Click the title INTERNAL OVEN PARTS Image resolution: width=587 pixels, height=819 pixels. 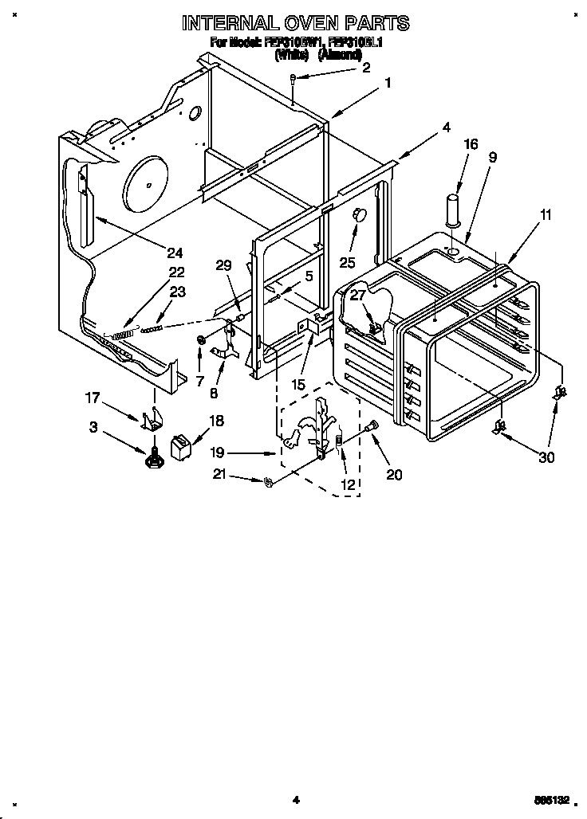pyautogui.click(x=296, y=22)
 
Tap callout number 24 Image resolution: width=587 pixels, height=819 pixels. pyautogui.click(x=175, y=253)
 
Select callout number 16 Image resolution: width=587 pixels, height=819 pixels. pyautogui.click(x=471, y=144)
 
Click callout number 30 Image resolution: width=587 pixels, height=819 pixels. pyautogui.click(x=547, y=457)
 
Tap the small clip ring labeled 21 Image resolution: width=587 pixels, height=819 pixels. pyautogui.click(x=267, y=480)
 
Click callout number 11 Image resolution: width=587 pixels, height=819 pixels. pyautogui.click(x=546, y=215)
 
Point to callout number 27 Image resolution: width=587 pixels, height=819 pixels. pyautogui.click(x=358, y=296)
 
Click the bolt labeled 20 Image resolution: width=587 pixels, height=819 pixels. pyautogui.click(x=371, y=430)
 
